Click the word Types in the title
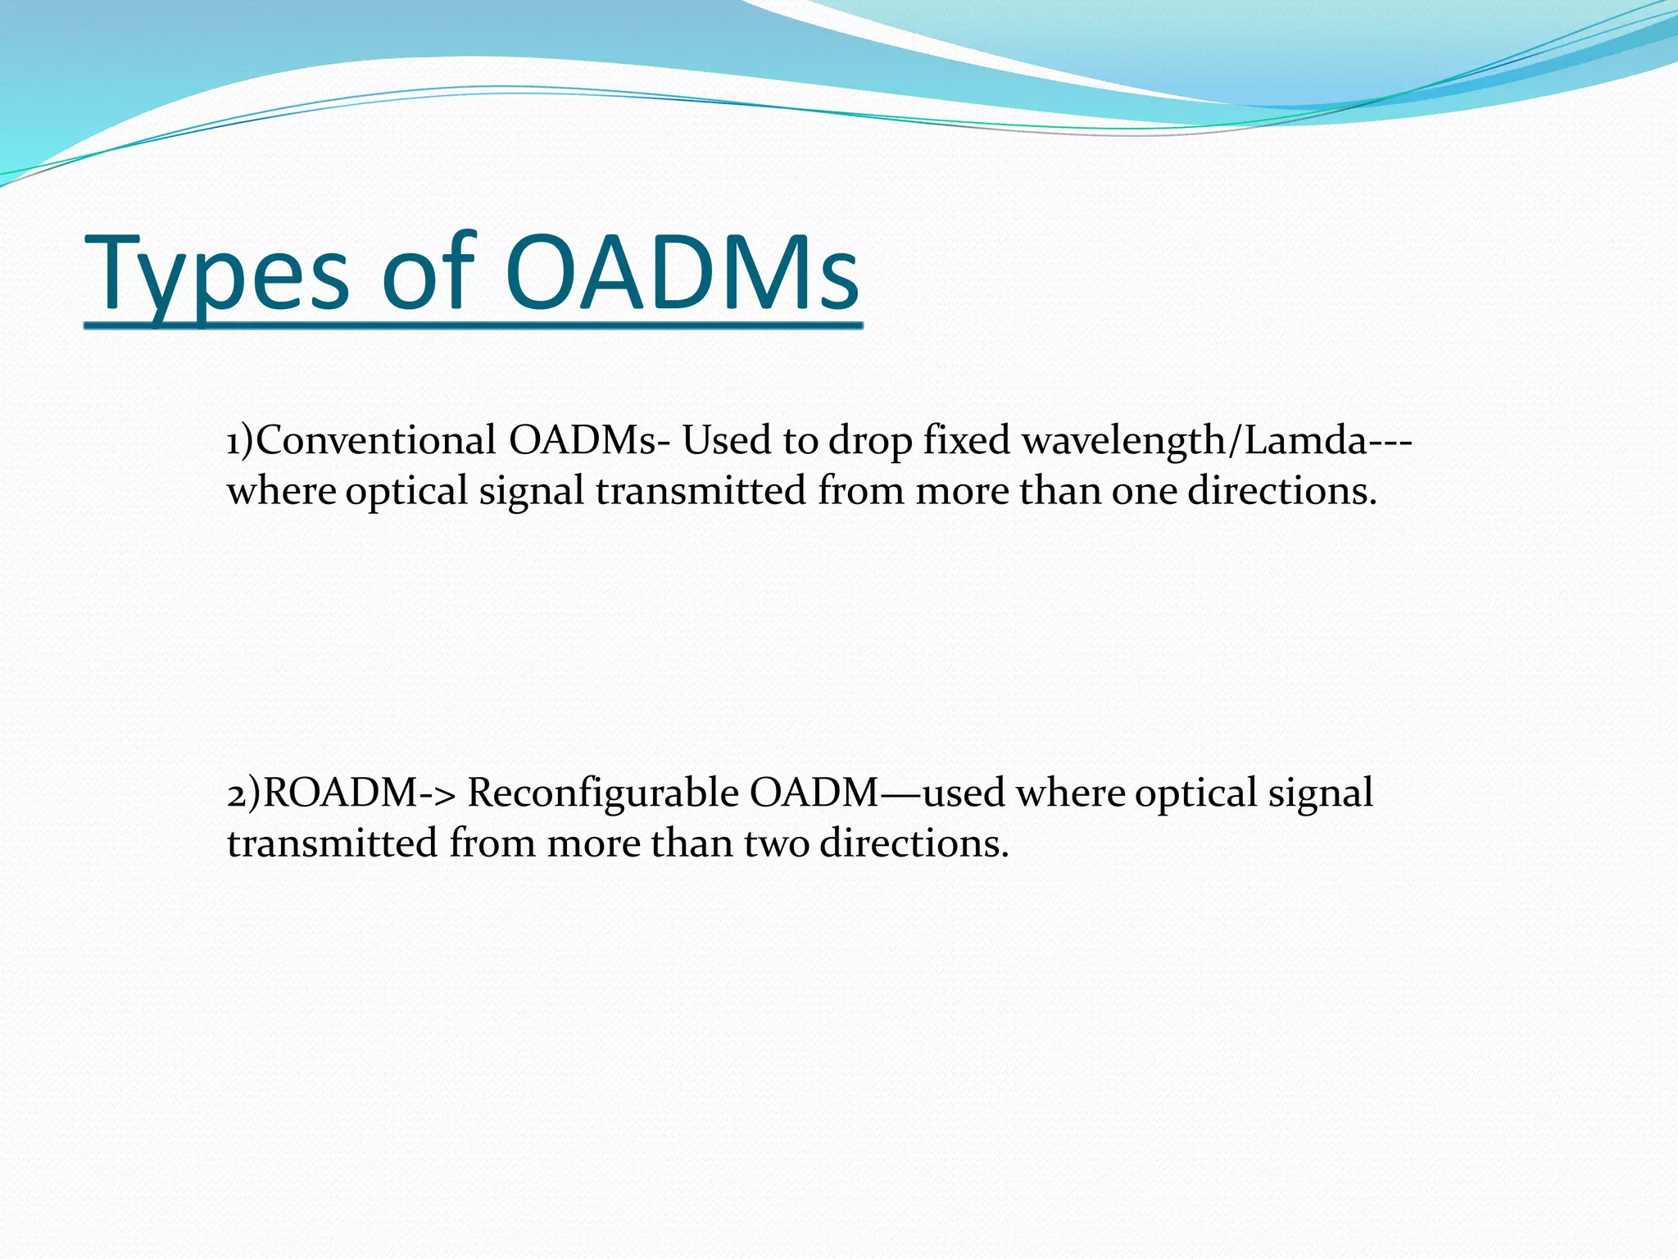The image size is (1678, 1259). tap(217, 275)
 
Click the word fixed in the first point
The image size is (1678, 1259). tap(967, 441)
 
